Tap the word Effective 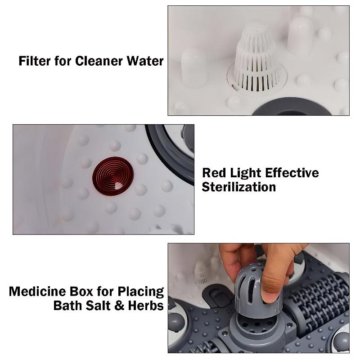coord(295,173)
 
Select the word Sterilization coord(239,187)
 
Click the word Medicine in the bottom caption coord(38,292)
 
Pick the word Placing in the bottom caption coord(141,292)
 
